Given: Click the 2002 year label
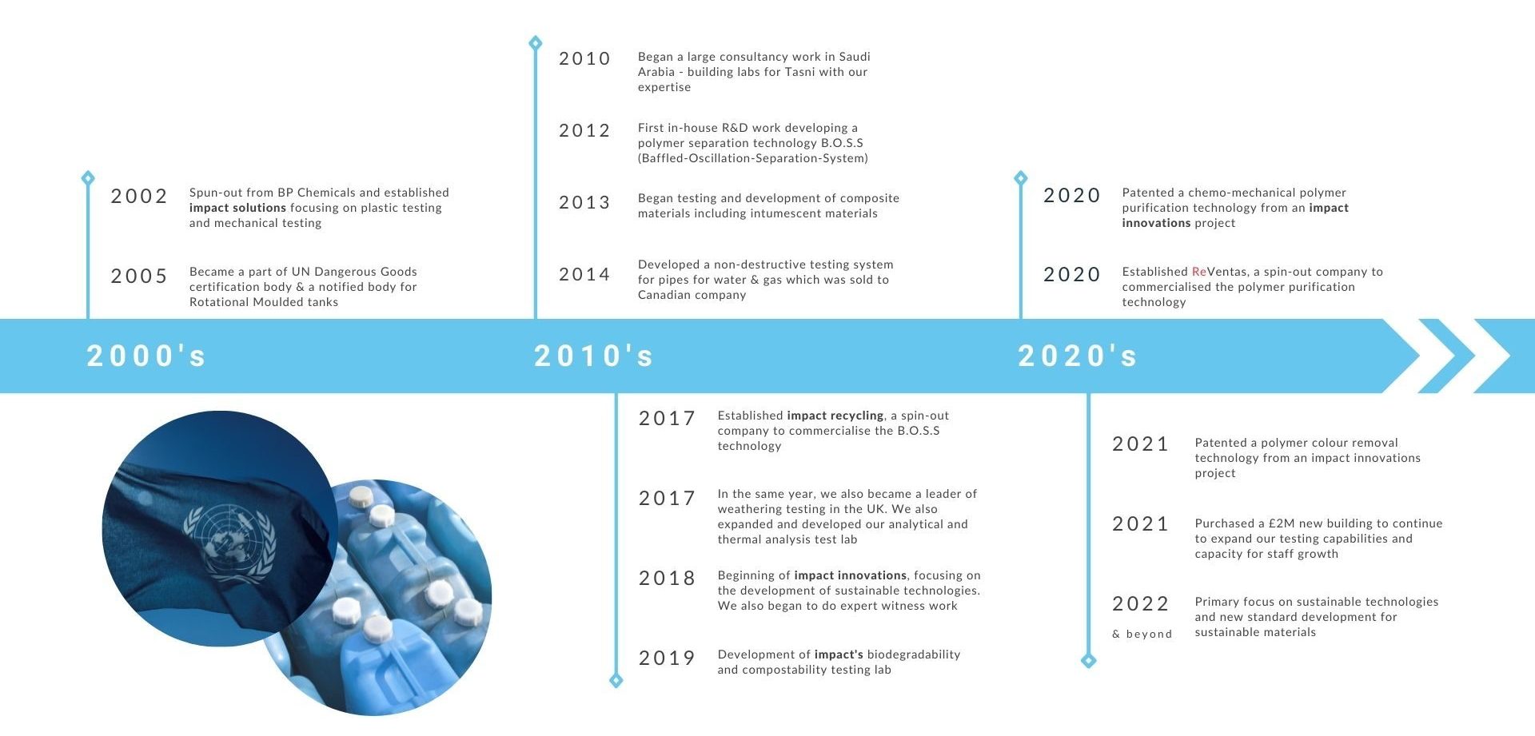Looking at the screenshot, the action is coord(139,196).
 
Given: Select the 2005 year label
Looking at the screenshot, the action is coord(139,276).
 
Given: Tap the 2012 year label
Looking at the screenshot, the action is coord(584,130).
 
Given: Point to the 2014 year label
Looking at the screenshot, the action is coord(584,274).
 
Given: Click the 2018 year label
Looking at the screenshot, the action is coord(667,578).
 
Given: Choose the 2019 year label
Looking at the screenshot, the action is coord(667,658).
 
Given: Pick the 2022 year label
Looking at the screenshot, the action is coord(1141,603).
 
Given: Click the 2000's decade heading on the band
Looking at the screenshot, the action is coord(146,356).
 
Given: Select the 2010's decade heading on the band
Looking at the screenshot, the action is coord(594,356).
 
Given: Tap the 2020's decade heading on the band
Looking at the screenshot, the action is coord(1078,356).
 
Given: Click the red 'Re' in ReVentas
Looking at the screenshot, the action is coord(1199,272).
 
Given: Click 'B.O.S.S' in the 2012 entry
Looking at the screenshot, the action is coord(842,143).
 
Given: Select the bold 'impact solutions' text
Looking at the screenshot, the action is coord(237,208).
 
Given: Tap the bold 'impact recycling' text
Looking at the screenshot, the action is coord(835,416).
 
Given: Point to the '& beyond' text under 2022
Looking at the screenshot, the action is coord(1142,634).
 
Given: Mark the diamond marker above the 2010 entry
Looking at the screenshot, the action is coord(536,42).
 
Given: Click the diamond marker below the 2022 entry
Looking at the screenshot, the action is coord(1088,660).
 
